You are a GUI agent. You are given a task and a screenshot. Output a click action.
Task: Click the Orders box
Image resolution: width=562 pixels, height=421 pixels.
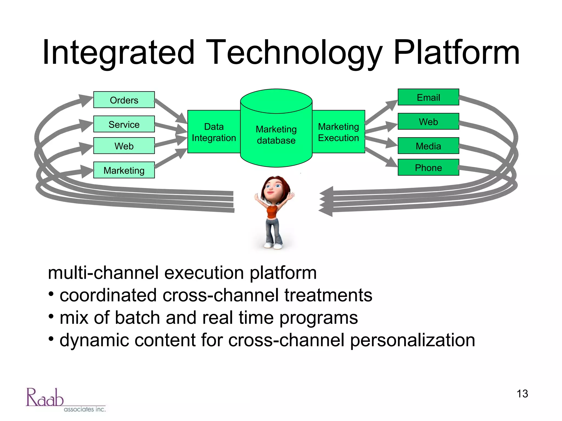click(124, 100)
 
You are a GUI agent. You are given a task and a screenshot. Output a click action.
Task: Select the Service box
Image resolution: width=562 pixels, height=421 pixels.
click(124, 124)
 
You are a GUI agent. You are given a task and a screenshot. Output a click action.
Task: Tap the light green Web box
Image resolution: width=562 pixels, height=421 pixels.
click(124, 146)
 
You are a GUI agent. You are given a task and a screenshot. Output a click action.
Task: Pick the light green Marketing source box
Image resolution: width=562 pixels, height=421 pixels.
click(124, 170)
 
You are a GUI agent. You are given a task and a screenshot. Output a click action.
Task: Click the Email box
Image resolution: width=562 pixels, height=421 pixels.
click(428, 97)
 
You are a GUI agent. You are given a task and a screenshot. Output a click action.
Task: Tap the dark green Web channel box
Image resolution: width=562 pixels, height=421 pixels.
click(428, 121)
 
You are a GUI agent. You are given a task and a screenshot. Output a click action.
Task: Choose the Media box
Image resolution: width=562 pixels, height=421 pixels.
click(428, 146)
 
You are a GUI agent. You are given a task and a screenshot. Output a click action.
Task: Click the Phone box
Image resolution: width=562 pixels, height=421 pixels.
click(428, 167)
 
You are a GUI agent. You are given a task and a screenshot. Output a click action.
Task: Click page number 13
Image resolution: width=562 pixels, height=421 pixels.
click(522, 394)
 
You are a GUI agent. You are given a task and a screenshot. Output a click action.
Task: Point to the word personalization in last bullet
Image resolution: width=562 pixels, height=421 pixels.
click(412, 340)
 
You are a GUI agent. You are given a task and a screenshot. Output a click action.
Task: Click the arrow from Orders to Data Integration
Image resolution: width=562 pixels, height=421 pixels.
click(171, 111)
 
